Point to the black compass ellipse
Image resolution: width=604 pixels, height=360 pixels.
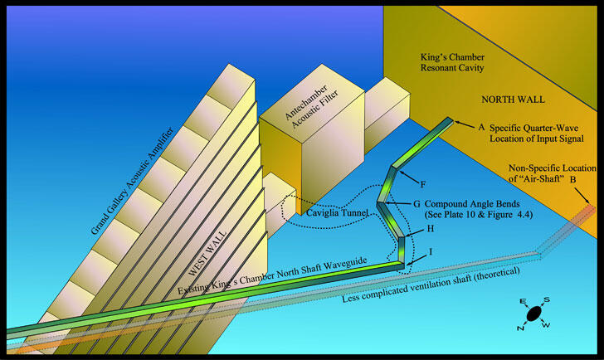pyautogui.click(x=535, y=314)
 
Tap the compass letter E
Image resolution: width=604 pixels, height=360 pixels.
pyautogui.click(x=522, y=301)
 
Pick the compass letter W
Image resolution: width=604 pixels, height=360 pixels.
pyautogui.click(x=549, y=326)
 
